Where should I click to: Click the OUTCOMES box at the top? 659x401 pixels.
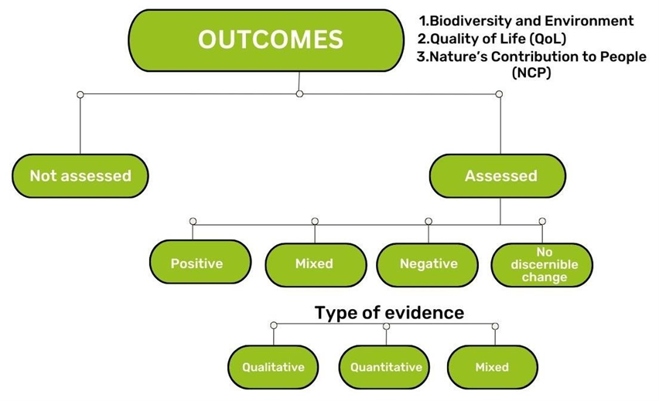coord(266,40)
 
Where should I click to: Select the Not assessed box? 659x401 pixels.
coord(80,175)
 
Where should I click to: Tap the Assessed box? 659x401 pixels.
coord(497,175)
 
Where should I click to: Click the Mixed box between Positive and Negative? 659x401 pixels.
coord(316,264)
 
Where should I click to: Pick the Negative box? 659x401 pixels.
coord(428,264)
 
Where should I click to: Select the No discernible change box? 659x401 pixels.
coord(542,264)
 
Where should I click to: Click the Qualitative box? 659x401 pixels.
coord(273,367)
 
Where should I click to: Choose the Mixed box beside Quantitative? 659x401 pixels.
coord(493,367)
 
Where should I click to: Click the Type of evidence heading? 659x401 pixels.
coord(389,313)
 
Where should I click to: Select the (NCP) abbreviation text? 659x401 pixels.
coord(531,73)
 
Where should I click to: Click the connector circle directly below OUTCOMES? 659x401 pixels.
coord(299,93)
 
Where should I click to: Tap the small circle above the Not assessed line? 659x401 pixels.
coord(80,94)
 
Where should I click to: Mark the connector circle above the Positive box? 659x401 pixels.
coord(193,221)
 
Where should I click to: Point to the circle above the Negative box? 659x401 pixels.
coord(429,221)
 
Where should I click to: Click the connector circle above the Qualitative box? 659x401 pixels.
coord(274,325)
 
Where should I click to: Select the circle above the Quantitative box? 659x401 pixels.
coord(386,326)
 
